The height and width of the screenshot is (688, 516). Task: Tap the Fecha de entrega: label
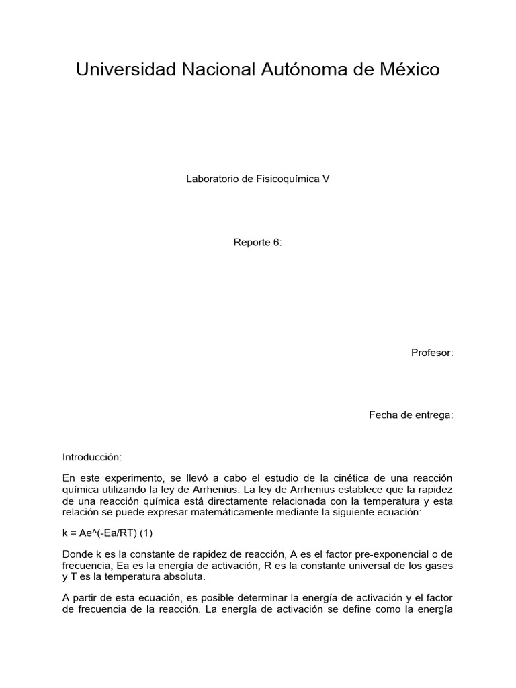[x=411, y=415]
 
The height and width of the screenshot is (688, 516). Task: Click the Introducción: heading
[x=92, y=457]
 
